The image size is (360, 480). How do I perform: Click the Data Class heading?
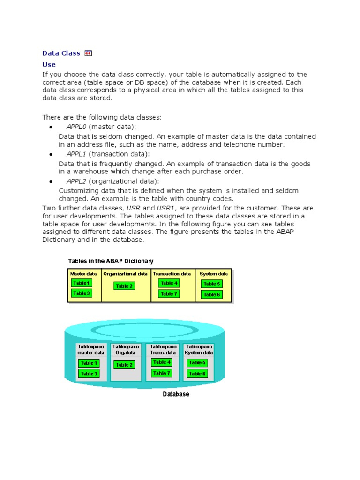[61, 53]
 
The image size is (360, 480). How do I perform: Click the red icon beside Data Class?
[88, 53]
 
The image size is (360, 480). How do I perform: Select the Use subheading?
[49, 65]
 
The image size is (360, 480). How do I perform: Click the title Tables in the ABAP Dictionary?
[111, 261]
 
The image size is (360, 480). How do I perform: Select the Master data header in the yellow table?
[83, 274]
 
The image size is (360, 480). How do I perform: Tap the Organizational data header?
[126, 274]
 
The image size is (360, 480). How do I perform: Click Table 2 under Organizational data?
[124, 286]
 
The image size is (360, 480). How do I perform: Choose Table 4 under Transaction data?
[169, 283]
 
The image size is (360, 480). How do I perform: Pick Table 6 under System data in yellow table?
[211, 294]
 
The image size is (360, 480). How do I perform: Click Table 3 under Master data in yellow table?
[81, 293]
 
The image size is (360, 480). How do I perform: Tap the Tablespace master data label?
[91, 350]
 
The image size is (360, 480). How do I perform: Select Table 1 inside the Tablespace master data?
[89, 363]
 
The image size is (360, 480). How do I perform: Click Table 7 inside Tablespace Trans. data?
[162, 373]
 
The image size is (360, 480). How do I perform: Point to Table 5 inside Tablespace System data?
[197, 363]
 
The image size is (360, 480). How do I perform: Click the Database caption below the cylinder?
[176, 394]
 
